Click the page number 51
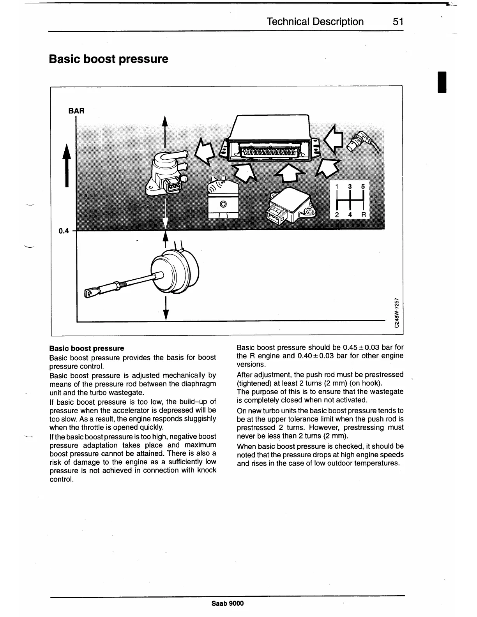(x=397, y=21)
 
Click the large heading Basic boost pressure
(x=109, y=59)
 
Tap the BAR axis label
(x=76, y=111)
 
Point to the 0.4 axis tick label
(x=64, y=231)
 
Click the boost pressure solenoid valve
(x=166, y=171)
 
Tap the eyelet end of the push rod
(x=91, y=291)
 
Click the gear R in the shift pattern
(x=363, y=215)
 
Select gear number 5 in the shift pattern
(x=363, y=187)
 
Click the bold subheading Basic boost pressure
(x=87, y=348)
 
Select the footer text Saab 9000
(x=228, y=603)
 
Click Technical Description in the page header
(x=315, y=21)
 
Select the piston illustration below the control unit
(x=223, y=199)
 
